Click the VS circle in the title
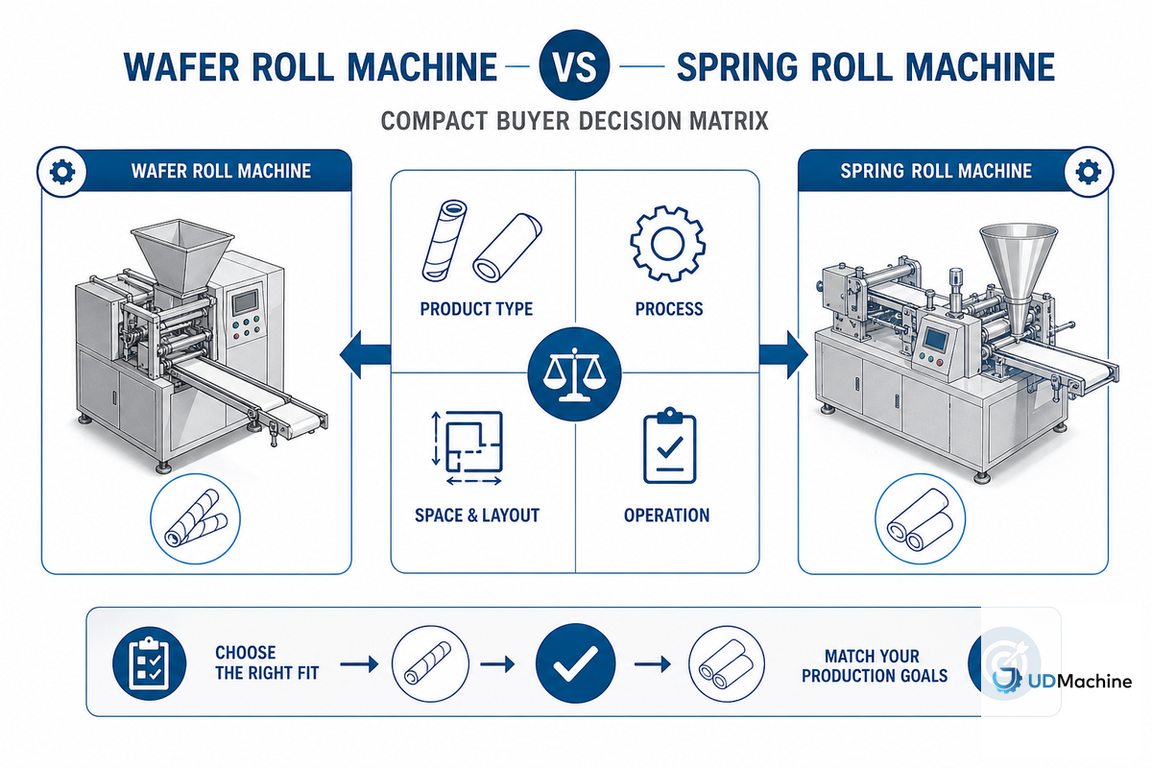(574, 65)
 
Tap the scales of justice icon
(574, 374)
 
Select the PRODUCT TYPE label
(476, 309)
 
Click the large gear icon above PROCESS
(667, 243)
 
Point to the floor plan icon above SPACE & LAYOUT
(467, 447)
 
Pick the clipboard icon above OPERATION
(670, 445)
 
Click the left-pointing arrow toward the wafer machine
(365, 355)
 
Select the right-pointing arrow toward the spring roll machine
(783, 355)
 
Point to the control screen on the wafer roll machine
(245, 302)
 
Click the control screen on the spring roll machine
(935, 339)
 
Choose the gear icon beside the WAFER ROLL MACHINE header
(61, 171)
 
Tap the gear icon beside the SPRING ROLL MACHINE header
(1089, 171)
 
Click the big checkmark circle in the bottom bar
(575, 663)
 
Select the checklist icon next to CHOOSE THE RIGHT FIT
(149, 663)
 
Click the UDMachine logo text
(1080, 682)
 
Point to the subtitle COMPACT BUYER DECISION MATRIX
(574, 121)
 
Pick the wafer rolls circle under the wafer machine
(196, 518)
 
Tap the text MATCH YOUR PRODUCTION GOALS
(875, 665)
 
